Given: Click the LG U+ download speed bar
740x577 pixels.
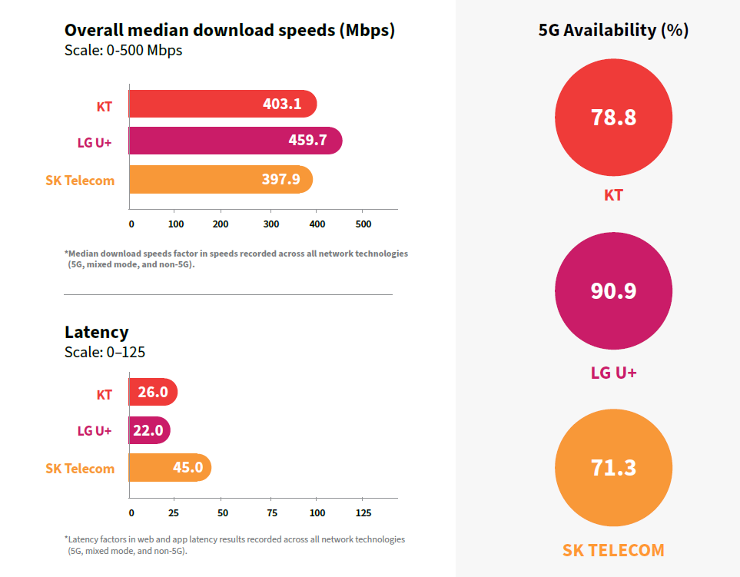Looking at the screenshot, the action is [x=235, y=141].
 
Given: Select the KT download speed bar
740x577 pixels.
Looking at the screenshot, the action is [x=223, y=104].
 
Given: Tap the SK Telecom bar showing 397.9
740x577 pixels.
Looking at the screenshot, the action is [x=221, y=179].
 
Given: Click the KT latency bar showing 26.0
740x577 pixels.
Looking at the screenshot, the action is [x=154, y=392].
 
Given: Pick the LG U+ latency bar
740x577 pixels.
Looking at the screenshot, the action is [x=150, y=429].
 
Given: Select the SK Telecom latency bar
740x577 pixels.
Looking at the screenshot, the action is [x=171, y=468].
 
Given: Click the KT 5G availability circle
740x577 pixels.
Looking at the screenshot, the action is [x=613, y=118].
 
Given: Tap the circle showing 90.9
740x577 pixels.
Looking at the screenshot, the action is [x=613, y=290].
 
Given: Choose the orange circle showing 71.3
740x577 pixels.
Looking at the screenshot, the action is [x=613, y=468].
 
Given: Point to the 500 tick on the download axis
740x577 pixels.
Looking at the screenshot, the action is [x=363, y=224].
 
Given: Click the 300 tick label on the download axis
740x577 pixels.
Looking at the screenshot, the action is [x=271, y=224].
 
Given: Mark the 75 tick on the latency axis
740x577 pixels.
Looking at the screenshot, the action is [x=272, y=512].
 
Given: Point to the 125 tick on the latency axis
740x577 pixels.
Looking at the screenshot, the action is [x=363, y=512].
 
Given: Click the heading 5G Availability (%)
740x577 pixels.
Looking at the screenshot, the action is [x=613, y=30].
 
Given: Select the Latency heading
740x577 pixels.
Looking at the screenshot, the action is [x=96, y=332].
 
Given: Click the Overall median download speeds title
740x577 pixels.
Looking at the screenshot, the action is [x=229, y=30].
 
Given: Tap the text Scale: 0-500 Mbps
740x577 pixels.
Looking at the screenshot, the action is [x=123, y=51].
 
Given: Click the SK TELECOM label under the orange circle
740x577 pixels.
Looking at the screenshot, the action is [x=613, y=550].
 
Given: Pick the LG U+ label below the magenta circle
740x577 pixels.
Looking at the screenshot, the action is [x=613, y=373].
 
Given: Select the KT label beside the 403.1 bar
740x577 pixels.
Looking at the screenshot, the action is [x=105, y=107].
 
